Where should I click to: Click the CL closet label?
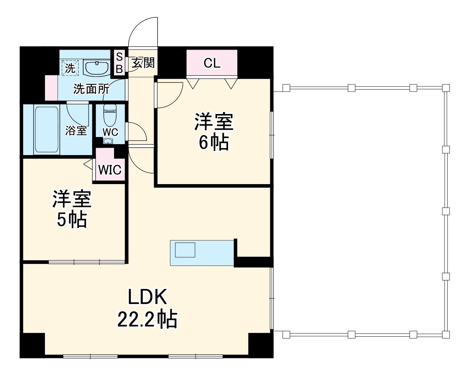[212, 63]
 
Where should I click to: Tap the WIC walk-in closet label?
[110, 170]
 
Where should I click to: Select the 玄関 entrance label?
[143, 63]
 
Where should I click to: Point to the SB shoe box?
[119, 63]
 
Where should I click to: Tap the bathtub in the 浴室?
[46, 130]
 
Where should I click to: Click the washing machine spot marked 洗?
[70, 68]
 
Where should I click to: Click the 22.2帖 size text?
[147, 319]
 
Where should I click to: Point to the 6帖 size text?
[214, 142]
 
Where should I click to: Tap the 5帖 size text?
[72, 220]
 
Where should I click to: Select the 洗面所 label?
[91, 89]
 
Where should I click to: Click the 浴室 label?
[76, 130]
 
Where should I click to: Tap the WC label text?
[110, 132]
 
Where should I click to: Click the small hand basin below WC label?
[108, 141]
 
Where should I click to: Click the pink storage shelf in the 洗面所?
[51, 88]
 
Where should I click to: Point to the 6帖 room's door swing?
[169, 95]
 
